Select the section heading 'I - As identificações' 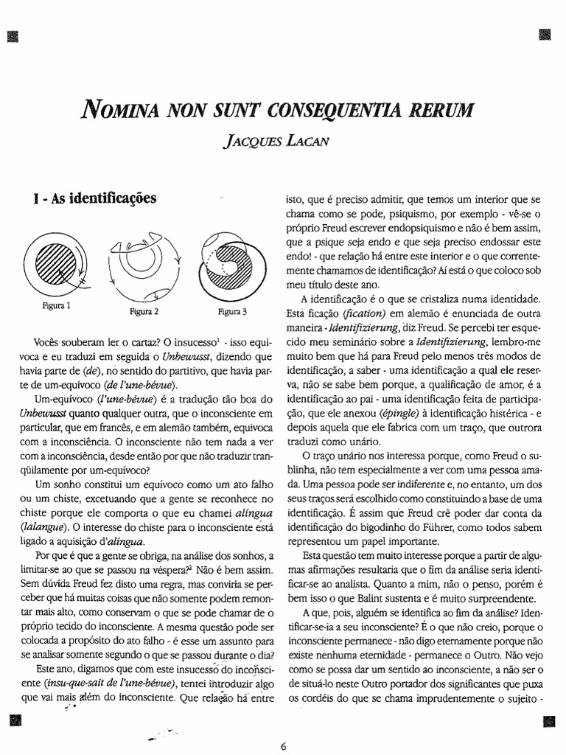[x=90, y=200]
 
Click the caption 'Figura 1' [x=56, y=303]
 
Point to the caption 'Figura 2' [x=144, y=310]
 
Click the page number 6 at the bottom [x=283, y=744]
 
